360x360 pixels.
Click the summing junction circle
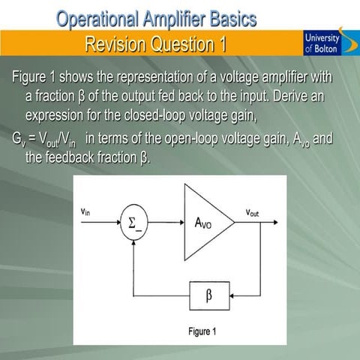(x=132, y=224)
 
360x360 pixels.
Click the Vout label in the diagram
(x=253, y=213)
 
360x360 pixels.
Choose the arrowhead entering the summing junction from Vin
(x=116, y=224)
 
